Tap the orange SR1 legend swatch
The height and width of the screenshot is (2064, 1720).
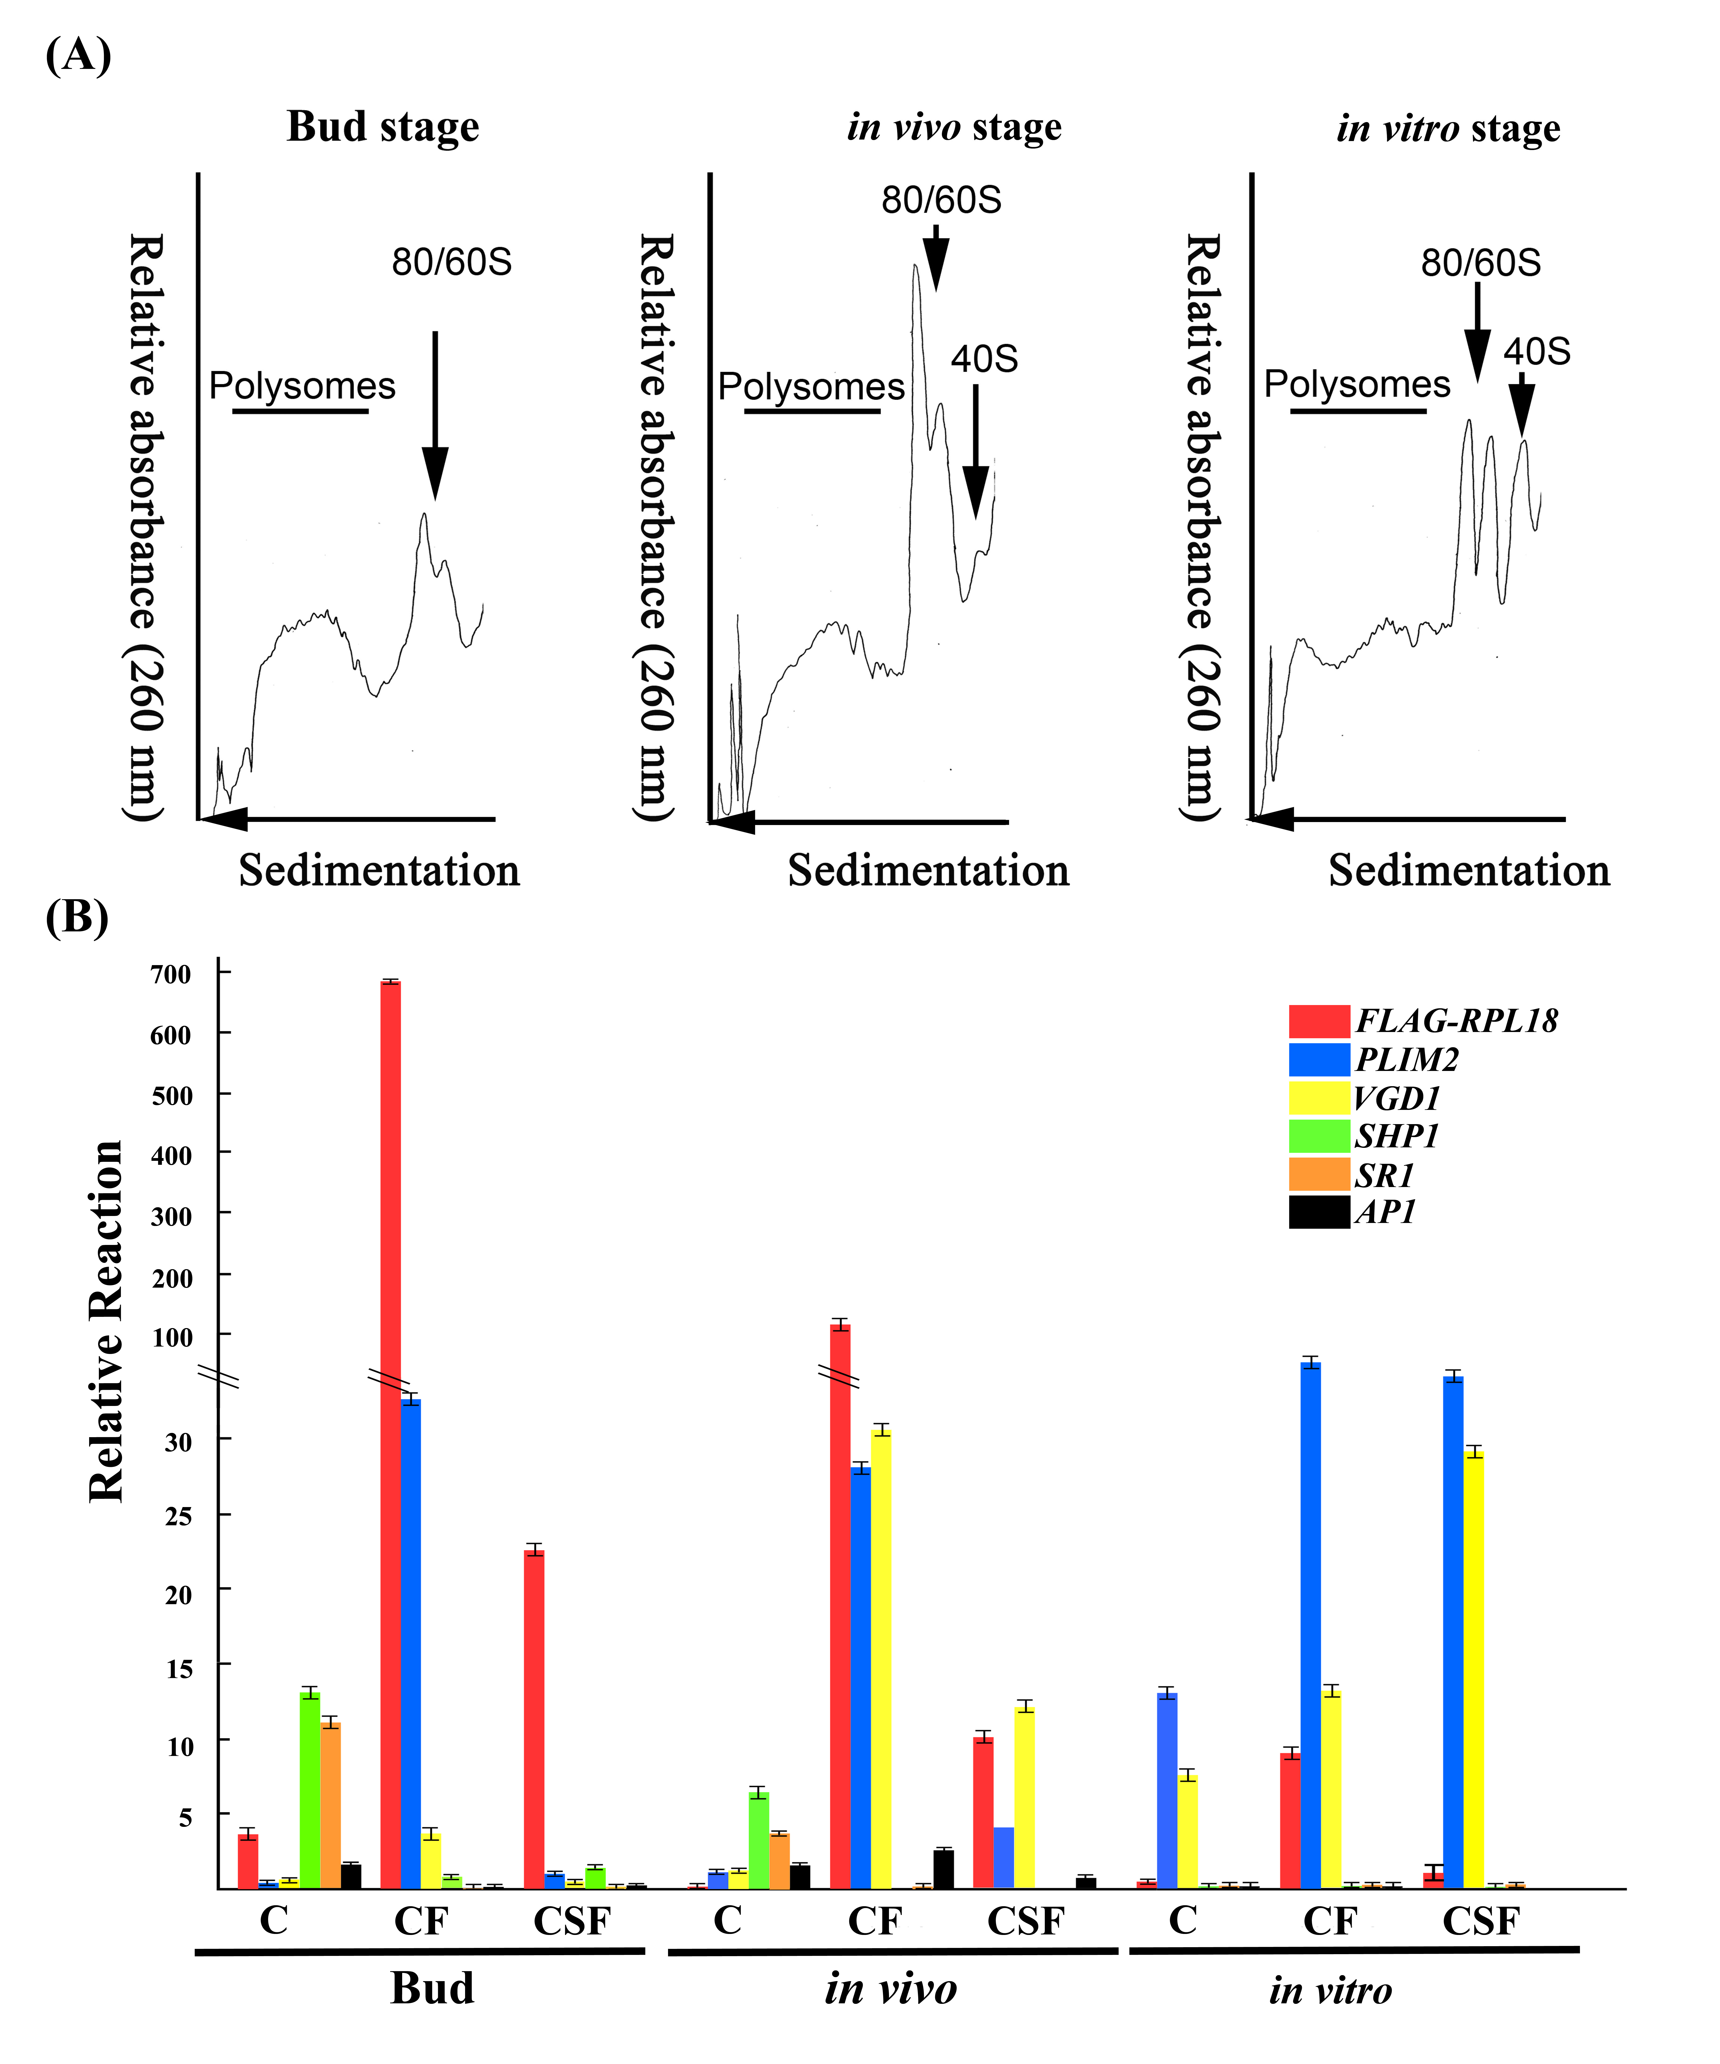pyautogui.click(x=1319, y=1175)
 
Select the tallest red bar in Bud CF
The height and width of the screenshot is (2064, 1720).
pyautogui.click(x=390, y=1435)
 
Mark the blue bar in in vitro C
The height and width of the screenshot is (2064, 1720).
pyautogui.click(x=1167, y=1791)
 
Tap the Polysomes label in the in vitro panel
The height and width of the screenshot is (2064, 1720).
pyautogui.click(x=1356, y=384)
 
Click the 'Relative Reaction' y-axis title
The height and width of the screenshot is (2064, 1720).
pyautogui.click(x=106, y=1322)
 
